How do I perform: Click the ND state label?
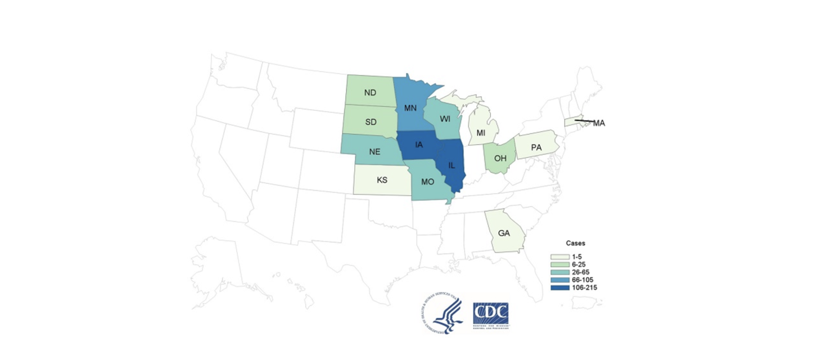point(370,93)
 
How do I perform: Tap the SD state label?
point(370,121)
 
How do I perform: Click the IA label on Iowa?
point(419,145)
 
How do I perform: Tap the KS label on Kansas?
point(382,181)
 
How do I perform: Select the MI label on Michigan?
point(481,133)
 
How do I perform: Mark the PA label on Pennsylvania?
point(536,147)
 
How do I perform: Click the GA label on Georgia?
point(504,233)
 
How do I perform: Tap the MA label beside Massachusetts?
point(598,123)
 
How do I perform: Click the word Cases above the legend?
point(576,244)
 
